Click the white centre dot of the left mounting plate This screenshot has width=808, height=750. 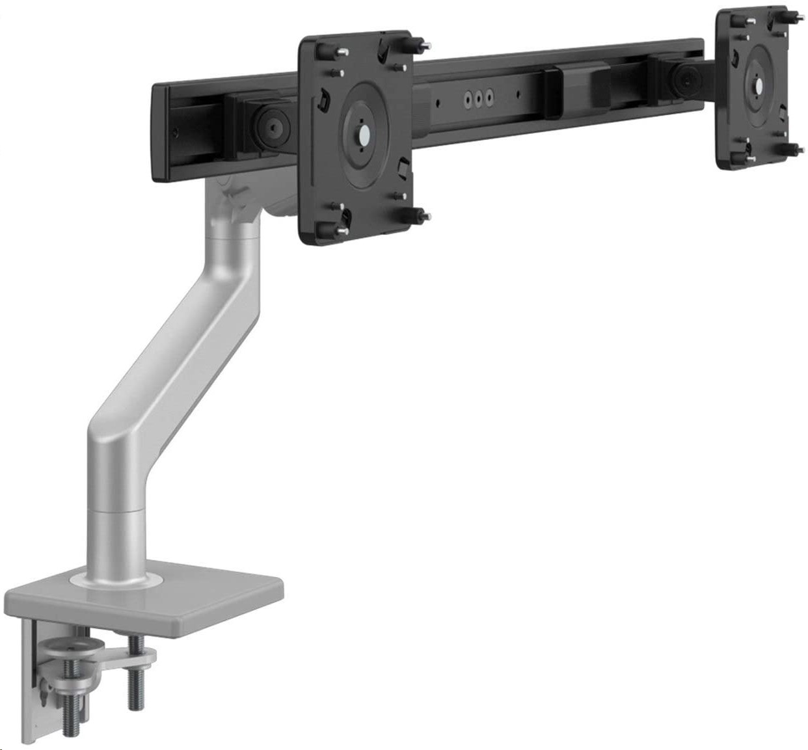(363, 139)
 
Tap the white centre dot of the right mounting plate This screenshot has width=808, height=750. (757, 84)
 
